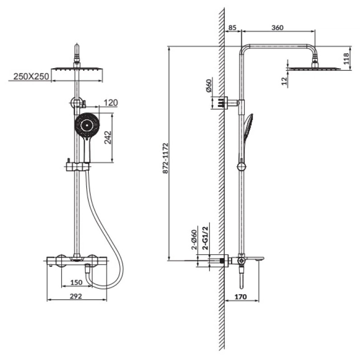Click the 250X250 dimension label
pyautogui.click(x=31, y=76)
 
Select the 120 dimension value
pyautogui.click(x=111, y=103)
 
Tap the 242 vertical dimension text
pyautogui.click(x=108, y=138)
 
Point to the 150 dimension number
pyautogui.click(x=76, y=282)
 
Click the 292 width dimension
pyautogui.click(x=76, y=296)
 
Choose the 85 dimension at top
pyautogui.click(x=232, y=28)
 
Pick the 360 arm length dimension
pyautogui.click(x=277, y=28)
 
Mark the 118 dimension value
pyautogui.click(x=346, y=59)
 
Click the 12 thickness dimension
pyautogui.click(x=285, y=81)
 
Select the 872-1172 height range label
pyautogui.click(x=166, y=158)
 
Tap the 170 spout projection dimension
pyautogui.click(x=240, y=297)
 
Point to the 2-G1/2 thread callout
pyautogui.click(x=205, y=238)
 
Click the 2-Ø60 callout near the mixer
pyautogui.click(x=194, y=240)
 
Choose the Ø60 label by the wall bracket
pyautogui.click(x=209, y=85)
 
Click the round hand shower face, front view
pyautogui.click(x=87, y=125)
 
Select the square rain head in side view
pyautogui.click(x=314, y=69)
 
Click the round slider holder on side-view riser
pyautogui.click(x=241, y=167)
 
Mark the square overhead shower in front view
pyautogui.click(x=77, y=69)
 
